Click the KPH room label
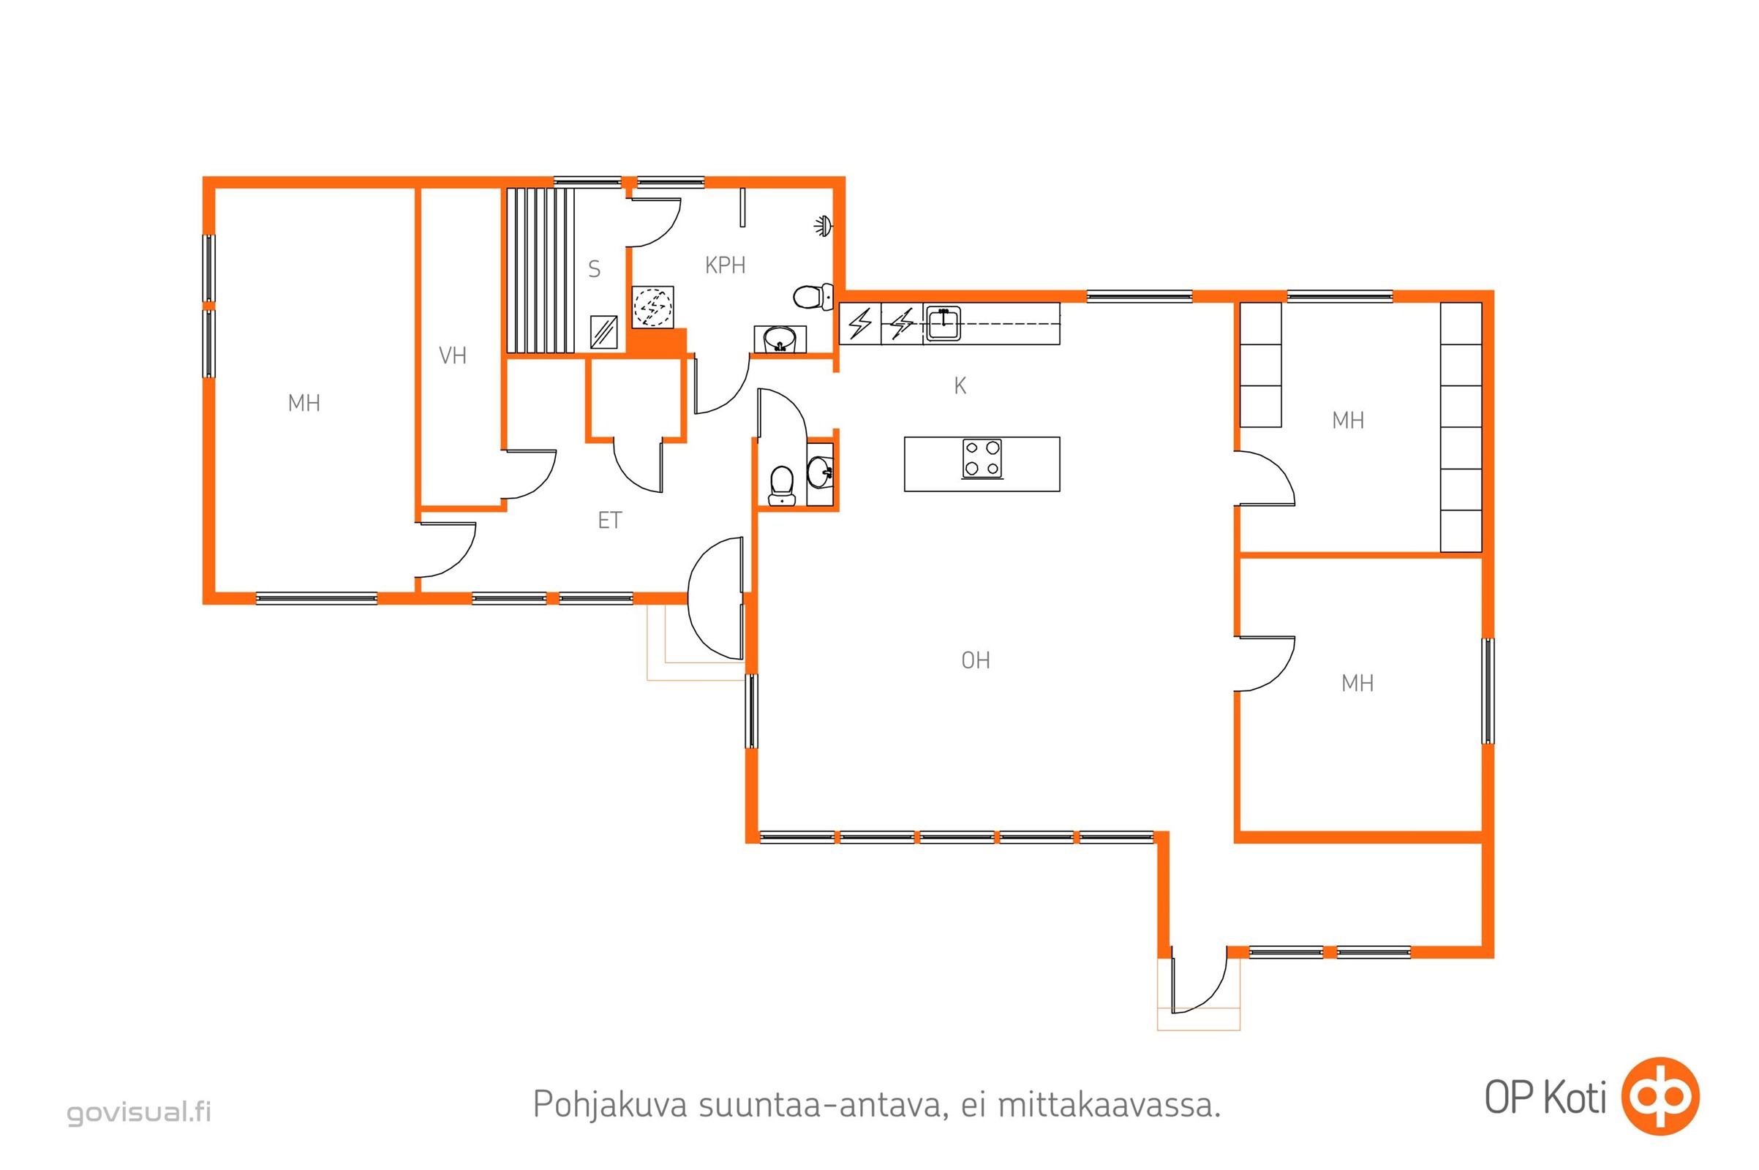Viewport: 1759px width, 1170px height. [725, 265]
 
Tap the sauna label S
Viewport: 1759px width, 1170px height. [594, 268]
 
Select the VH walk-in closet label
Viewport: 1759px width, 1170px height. [452, 355]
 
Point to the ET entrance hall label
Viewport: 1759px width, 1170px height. [610, 520]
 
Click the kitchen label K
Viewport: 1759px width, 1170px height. [960, 386]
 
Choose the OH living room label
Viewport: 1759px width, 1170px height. [976, 660]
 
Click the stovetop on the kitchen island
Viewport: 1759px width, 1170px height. [982, 458]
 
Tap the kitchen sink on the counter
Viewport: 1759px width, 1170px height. [943, 324]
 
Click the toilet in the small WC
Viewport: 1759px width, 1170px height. [781, 486]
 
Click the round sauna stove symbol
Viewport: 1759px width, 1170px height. [652, 306]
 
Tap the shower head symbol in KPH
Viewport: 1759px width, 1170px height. [823, 225]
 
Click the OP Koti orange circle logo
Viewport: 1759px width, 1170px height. [1661, 1096]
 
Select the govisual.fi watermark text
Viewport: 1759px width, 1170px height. [140, 1111]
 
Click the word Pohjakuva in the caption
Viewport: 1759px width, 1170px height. [610, 1105]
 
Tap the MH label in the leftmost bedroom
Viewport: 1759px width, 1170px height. [304, 403]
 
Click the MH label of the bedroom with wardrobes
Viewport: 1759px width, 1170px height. [1348, 420]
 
